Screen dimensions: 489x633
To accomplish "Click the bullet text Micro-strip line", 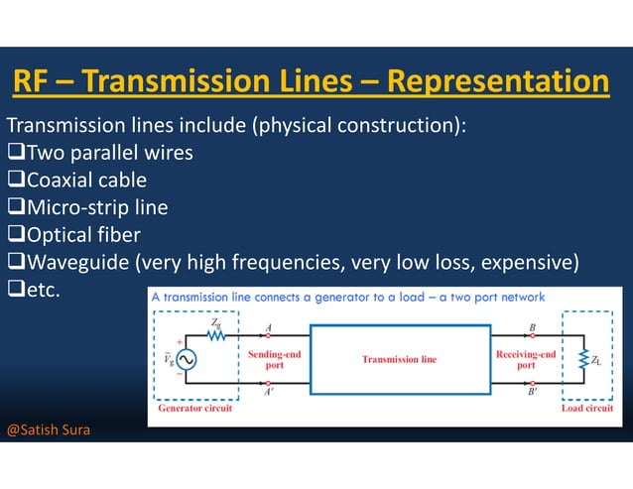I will tap(96, 207).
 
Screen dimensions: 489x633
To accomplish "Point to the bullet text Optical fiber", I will tap(83, 235).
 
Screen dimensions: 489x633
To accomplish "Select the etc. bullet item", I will tap(44, 291).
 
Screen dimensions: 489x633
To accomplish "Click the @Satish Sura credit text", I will tap(48, 430).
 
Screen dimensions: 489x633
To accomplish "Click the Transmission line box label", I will tap(398, 359).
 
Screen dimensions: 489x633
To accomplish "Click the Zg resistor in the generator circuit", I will tap(215, 335).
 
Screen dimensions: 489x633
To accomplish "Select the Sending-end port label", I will tap(274, 358).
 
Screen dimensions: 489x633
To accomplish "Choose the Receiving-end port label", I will tap(525, 358).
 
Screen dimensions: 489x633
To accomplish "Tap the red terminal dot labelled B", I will tap(534, 335).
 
